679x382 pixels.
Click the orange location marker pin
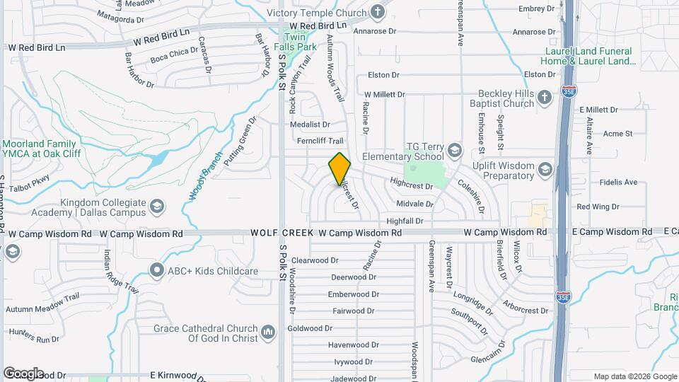point(339,168)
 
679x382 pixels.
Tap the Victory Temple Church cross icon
point(378,12)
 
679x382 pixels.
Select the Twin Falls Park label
point(299,42)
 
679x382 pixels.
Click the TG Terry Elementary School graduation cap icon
point(454,151)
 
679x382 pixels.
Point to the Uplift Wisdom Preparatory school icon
point(545,169)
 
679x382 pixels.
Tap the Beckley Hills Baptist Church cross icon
point(544,98)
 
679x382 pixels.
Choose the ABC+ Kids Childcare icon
point(156,270)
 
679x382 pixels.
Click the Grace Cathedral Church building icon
point(267,332)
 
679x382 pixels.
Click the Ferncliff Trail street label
point(321,141)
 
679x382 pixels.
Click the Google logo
point(23,373)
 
